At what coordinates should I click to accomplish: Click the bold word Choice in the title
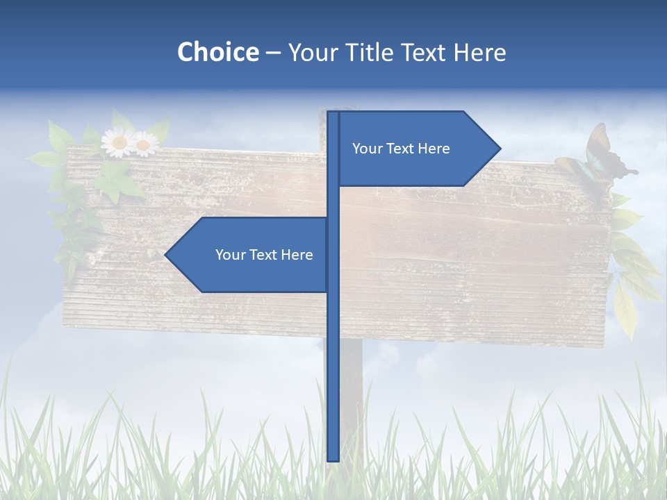217,52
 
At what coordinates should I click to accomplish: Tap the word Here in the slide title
479,52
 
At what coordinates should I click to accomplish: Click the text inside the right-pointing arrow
401,149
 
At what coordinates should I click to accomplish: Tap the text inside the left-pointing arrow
264,255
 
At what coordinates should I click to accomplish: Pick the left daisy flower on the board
118,142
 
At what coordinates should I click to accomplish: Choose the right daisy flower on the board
145,144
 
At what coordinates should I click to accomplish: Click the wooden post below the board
352,389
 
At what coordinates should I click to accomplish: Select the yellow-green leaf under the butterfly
625,306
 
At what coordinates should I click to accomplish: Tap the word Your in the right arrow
367,149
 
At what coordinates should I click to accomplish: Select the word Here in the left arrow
297,255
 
